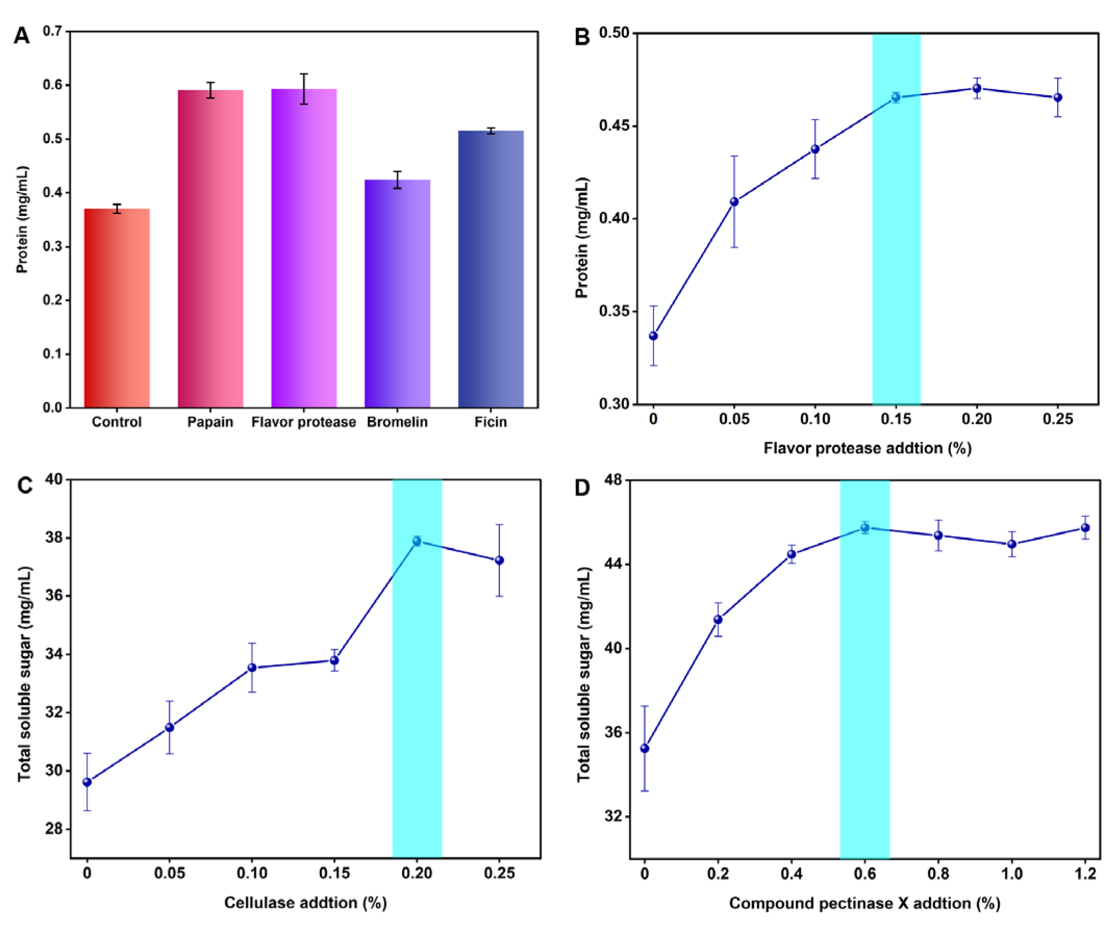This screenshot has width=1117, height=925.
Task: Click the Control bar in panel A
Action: point(117,308)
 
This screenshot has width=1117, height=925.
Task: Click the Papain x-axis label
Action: point(210,422)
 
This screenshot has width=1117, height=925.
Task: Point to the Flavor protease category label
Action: point(304,422)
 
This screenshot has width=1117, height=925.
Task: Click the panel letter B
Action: point(582,37)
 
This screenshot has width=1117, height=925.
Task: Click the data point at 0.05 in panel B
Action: point(734,201)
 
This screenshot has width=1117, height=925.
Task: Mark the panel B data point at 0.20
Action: point(976,88)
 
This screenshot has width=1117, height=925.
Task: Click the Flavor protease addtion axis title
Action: point(868,448)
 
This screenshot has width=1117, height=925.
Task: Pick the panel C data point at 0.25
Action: point(499,560)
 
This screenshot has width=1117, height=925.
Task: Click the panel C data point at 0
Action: point(87,782)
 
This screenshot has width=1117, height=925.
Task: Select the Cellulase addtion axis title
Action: point(305,903)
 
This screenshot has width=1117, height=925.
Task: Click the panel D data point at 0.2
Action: point(718,619)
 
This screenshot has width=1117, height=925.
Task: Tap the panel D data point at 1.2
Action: point(1085,528)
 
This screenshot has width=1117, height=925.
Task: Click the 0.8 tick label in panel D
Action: point(938,873)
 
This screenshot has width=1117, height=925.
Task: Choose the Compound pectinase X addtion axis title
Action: point(864,903)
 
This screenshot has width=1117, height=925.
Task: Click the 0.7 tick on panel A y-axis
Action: point(52,31)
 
